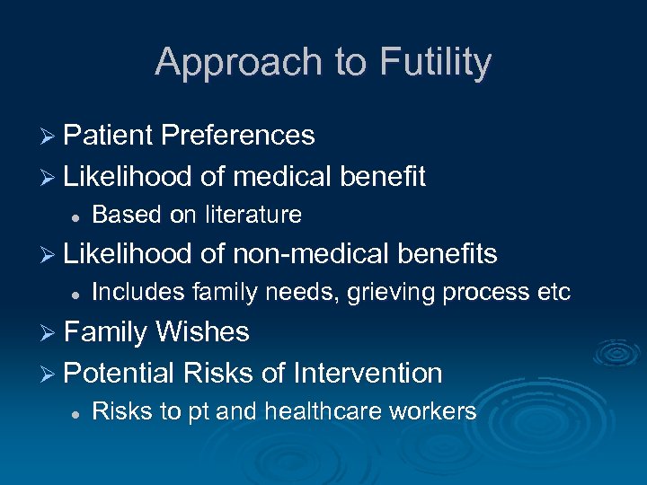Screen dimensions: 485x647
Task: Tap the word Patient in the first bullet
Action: pos(108,135)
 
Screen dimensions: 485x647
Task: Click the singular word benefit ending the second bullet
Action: pos(382,176)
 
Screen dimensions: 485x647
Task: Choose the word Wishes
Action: pos(202,332)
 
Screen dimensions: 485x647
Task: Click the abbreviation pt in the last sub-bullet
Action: pos(198,413)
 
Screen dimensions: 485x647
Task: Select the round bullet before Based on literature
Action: pos(77,216)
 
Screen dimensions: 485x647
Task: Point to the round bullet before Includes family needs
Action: pos(77,294)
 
